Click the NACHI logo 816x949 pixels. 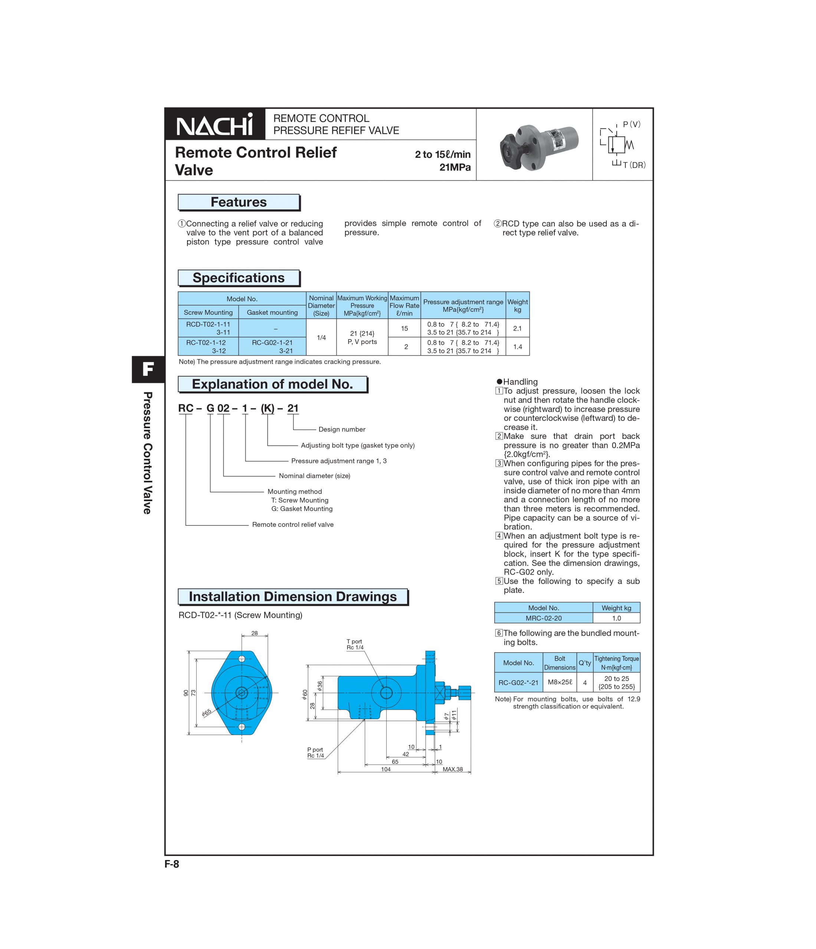[x=214, y=124]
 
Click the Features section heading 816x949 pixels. [x=238, y=202]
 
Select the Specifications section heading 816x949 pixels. [x=238, y=278]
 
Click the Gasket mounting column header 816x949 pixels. [x=272, y=313]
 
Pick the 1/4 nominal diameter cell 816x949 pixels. [x=321, y=338]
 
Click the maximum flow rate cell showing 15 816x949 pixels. [x=404, y=328]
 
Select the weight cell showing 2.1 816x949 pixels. [x=517, y=328]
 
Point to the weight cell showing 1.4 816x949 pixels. [x=517, y=347]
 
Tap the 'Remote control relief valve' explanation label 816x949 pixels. [x=292, y=525]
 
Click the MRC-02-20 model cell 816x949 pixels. [x=543, y=618]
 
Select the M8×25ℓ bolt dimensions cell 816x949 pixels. [x=560, y=682]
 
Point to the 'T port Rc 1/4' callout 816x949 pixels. [x=354, y=644]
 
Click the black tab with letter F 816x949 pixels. [x=148, y=369]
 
